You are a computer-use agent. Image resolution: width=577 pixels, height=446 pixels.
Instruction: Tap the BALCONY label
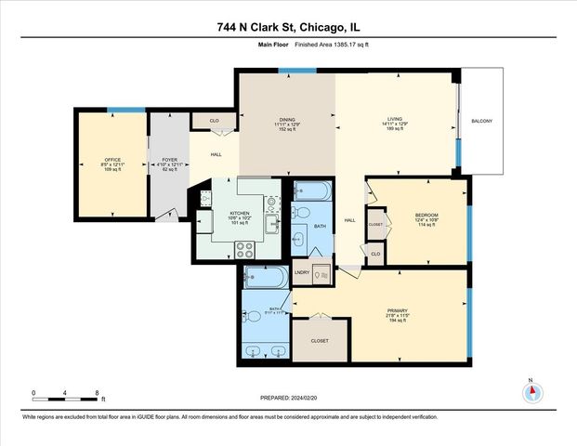point(481,122)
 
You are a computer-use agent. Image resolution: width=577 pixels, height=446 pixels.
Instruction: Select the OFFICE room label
point(111,159)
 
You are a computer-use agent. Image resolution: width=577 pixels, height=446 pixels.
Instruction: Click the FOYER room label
point(169,159)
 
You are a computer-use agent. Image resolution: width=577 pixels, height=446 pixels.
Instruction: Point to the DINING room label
point(287,118)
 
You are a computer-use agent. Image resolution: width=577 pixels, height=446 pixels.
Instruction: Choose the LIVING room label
point(394,118)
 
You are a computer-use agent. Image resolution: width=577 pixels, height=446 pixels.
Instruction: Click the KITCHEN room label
point(240,213)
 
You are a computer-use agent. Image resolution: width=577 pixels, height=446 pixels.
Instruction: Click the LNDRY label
point(302,272)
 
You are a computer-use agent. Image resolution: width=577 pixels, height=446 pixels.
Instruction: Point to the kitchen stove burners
point(245,249)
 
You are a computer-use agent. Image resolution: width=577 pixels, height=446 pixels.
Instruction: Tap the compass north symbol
point(531,391)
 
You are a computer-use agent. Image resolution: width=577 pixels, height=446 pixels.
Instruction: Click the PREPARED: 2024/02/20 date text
point(287,398)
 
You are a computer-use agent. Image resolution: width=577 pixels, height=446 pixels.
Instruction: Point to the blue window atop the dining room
point(284,71)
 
